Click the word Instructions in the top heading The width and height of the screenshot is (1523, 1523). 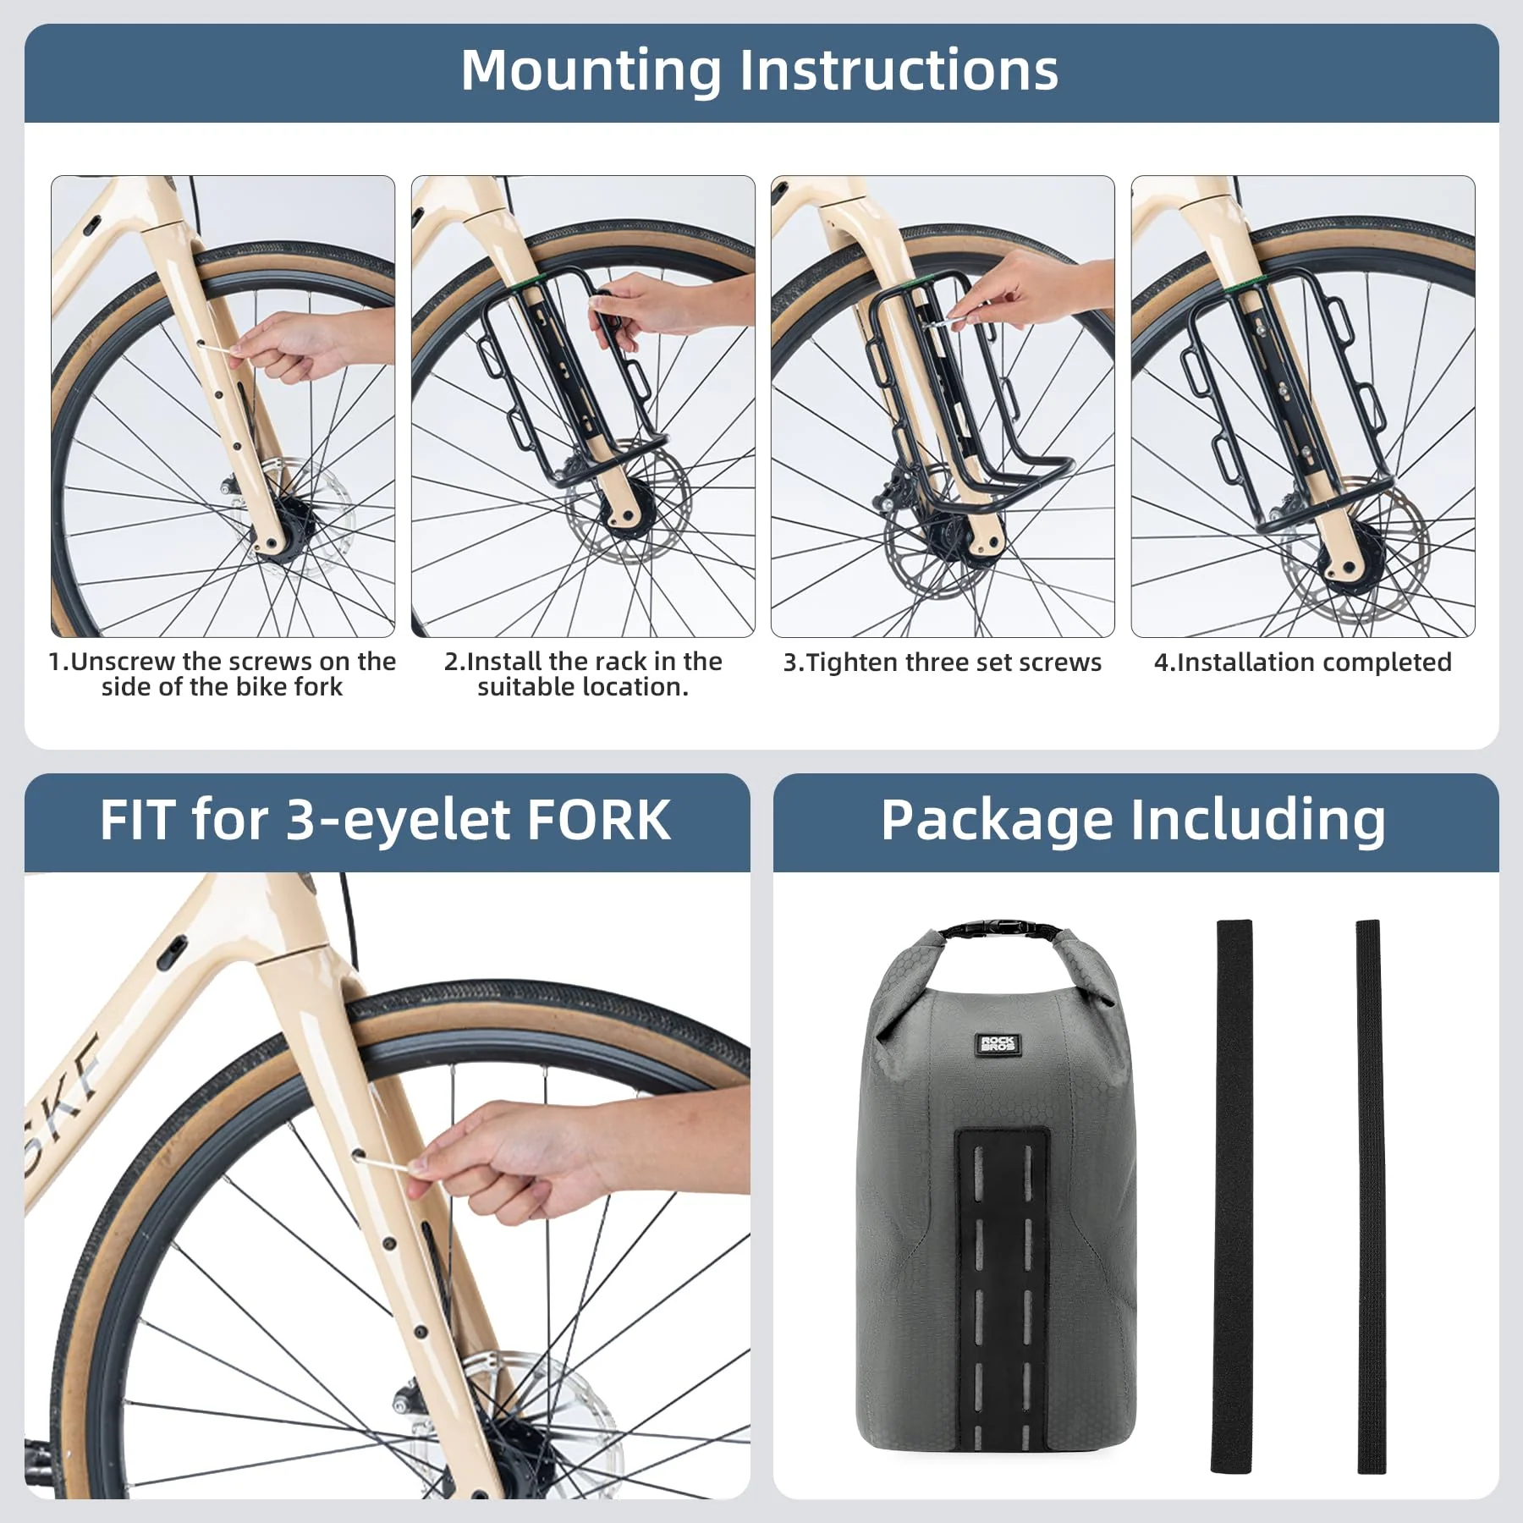click(x=899, y=71)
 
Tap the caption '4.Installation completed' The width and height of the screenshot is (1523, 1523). click(x=1302, y=663)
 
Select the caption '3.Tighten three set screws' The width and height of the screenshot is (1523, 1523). click(x=942, y=663)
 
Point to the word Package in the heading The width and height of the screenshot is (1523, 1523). click(x=996, y=820)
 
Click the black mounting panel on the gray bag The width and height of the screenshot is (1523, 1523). click(x=1001, y=1278)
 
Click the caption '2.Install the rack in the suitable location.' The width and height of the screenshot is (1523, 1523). click(x=583, y=674)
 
